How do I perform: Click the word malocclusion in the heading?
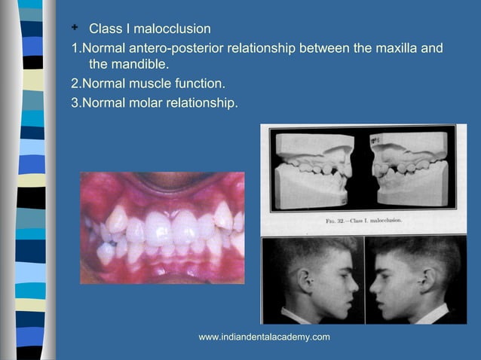(x=173, y=29)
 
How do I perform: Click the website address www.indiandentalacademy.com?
(x=264, y=337)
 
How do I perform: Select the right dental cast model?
(x=412, y=169)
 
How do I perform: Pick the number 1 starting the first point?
(x=74, y=49)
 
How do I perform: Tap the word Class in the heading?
(x=105, y=29)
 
